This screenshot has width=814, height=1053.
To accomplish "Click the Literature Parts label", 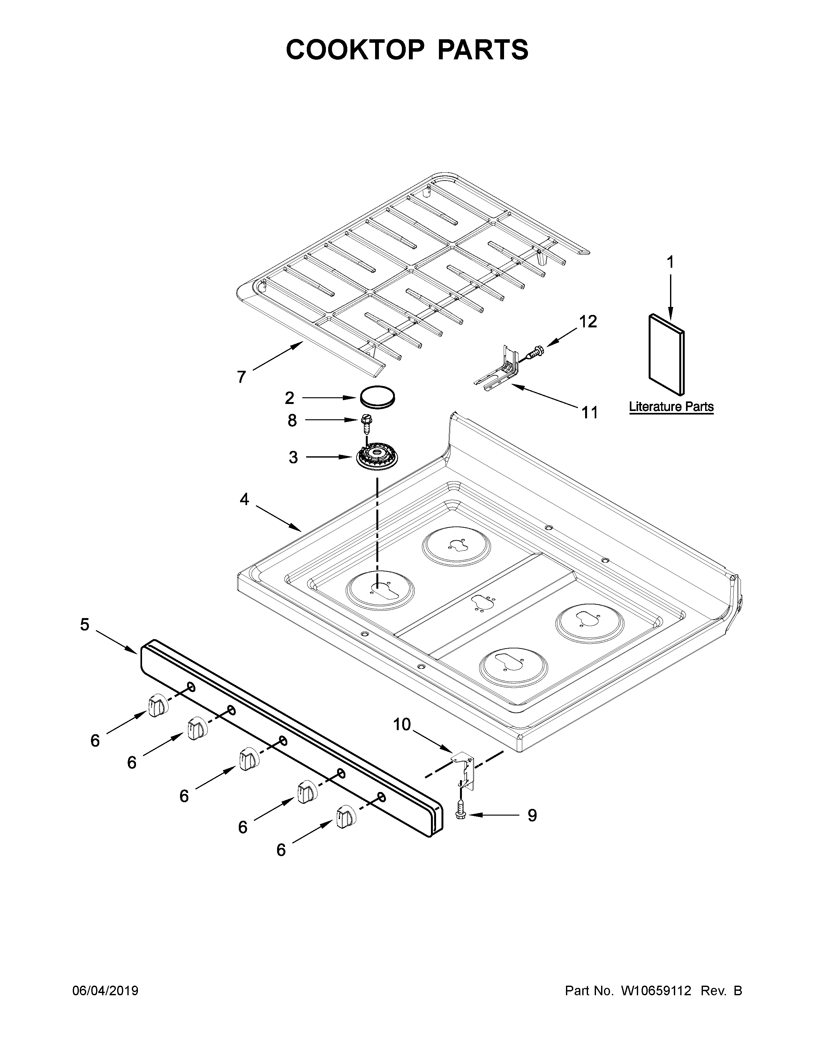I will [x=671, y=407].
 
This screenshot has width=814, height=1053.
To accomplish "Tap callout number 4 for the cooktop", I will [x=245, y=499].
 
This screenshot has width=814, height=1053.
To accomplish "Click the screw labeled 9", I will [x=461, y=814].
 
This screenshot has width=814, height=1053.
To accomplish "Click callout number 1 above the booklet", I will [x=670, y=262].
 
